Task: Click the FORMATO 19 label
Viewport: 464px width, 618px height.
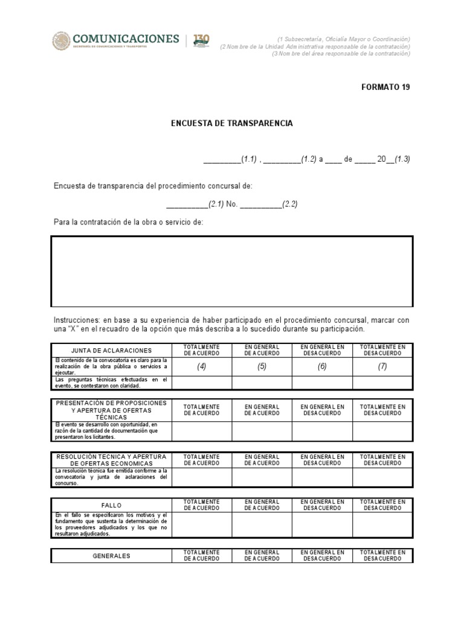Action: [x=385, y=87]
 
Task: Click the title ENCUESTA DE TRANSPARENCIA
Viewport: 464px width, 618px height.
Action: [x=231, y=123]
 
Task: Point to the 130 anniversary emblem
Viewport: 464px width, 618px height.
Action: [x=201, y=41]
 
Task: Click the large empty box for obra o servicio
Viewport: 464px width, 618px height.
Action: [x=232, y=271]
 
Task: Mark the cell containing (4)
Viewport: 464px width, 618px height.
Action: [x=201, y=366]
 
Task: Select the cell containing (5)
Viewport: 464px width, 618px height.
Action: [x=262, y=366]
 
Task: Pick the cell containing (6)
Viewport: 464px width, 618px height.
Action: [x=322, y=366]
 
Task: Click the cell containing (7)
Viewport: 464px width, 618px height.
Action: [x=382, y=366]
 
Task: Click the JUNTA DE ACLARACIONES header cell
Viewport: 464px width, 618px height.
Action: [x=111, y=350]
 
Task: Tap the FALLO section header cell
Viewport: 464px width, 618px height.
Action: [x=111, y=505]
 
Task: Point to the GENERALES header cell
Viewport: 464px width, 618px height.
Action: [x=111, y=556]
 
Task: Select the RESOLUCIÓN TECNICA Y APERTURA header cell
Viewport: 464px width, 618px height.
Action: [x=111, y=460]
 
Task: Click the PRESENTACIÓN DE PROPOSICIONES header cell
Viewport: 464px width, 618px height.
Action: [x=111, y=410]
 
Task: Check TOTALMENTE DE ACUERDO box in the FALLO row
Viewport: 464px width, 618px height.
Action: [x=201, y=524]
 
